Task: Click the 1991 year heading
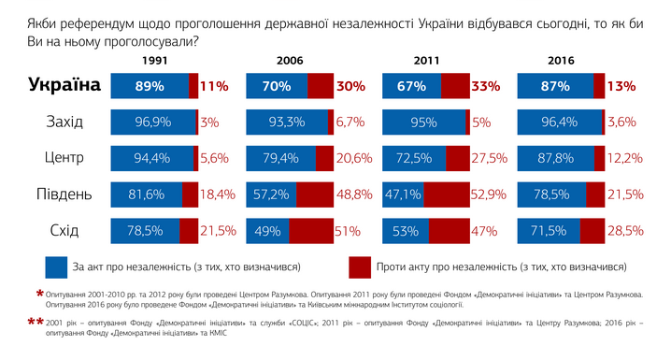coord(154,61)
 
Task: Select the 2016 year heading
coord(561,61)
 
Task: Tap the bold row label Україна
coord(64,85)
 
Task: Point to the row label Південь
coord(64,194)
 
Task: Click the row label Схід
coord(64,231)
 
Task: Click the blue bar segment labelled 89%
coord(150,86)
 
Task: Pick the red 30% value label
coord(350,86)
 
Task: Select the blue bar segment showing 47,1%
coord(403,194)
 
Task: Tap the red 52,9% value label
coord(489,194)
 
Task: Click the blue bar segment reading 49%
coord(267,231)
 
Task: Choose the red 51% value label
coord(348,232)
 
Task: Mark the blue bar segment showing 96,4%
coord(559,122)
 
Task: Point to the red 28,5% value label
coord(625,231)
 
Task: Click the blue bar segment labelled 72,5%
coord(414,158)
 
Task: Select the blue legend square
coord(56,267)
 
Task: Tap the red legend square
coord(360,267)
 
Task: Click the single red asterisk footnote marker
coord(40,295)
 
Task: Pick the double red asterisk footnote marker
coord(36,322)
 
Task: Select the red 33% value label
coord(486,86)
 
